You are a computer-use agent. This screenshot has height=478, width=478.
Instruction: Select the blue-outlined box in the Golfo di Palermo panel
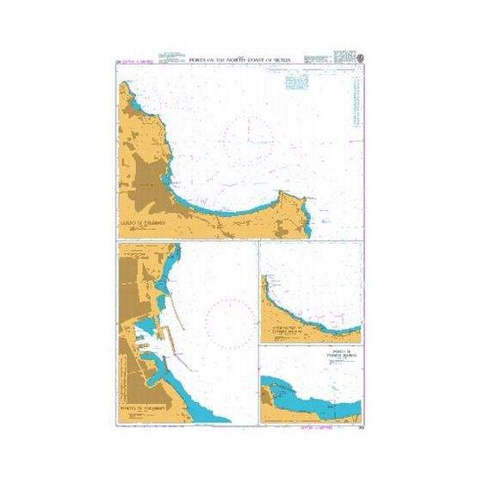pyautogui.click(x=297, y=82)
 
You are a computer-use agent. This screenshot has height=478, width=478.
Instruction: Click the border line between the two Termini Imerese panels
pyautogui.click(x=310, y=345)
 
